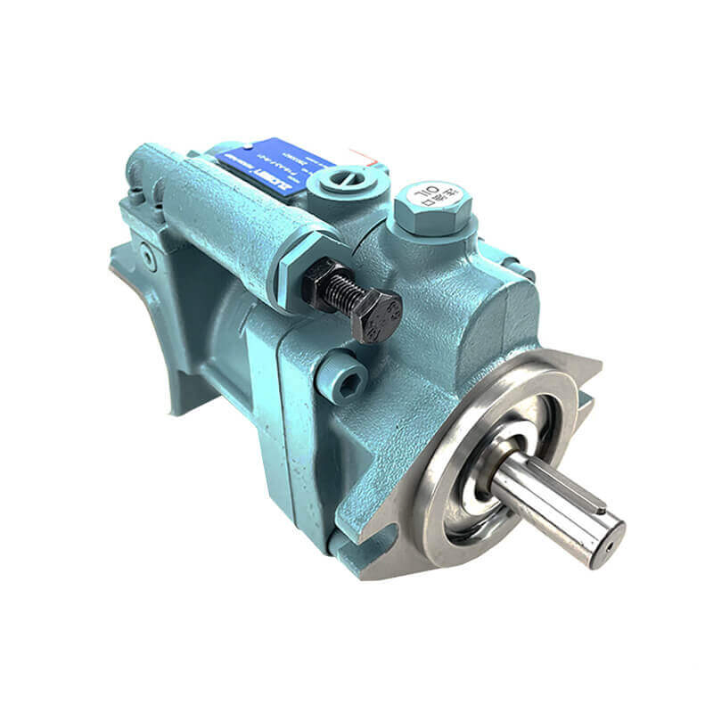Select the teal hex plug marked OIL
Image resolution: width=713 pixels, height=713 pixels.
pos(432,209)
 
